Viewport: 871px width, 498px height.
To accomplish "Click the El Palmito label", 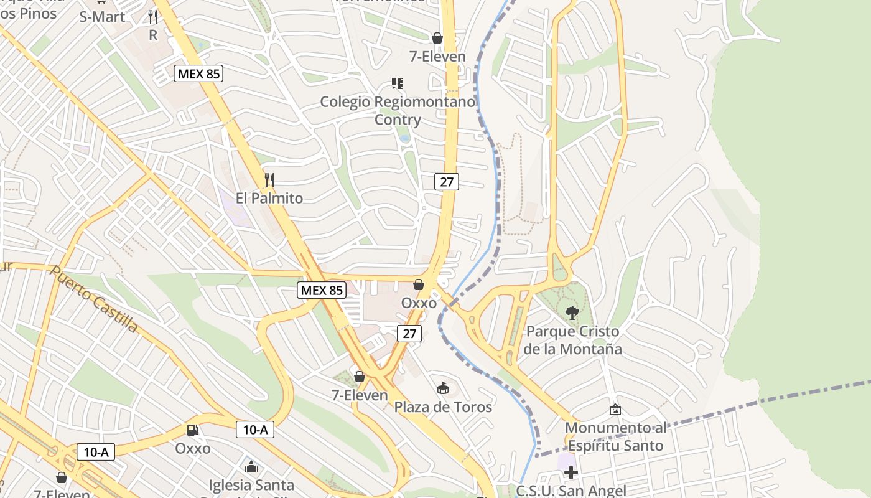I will click(x=269, y=199).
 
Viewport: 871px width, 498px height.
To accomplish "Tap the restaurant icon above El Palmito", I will click(x=269, y=180).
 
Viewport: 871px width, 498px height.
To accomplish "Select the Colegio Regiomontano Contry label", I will click(x=398, y=110).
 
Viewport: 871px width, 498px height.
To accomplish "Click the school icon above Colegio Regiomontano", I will click(x=398, y=83).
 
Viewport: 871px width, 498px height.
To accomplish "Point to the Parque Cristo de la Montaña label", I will click(x=572, y=340).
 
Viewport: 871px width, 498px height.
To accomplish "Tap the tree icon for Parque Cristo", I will click(x=572, y=313).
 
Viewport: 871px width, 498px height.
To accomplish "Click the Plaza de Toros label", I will click(x=443, y=407).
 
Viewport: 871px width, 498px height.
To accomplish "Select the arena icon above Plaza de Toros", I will click(x=443, y=388).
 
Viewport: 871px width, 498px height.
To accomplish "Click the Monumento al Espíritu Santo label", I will click(x=615, y=437).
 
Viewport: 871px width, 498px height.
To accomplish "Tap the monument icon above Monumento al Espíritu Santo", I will click(x=615, y=410).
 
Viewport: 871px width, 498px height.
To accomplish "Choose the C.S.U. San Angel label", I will click(x=571, y=491).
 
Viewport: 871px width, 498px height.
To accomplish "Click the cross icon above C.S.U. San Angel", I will click(x=571, y=472).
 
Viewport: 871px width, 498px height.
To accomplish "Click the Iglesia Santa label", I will click(x=251, y=484).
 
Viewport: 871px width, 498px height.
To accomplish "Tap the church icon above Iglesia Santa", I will click(x=251, y=466).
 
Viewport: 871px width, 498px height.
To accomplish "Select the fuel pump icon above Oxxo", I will click(x=193, y=430).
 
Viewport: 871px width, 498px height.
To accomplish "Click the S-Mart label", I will click(x=102, y=17).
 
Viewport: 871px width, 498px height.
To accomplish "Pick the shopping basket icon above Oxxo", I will click(x=419, y=284).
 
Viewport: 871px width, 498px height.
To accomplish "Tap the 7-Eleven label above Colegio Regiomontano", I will click(x=437, y=57).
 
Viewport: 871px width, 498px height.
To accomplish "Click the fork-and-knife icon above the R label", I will click(x=153, y=17).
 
